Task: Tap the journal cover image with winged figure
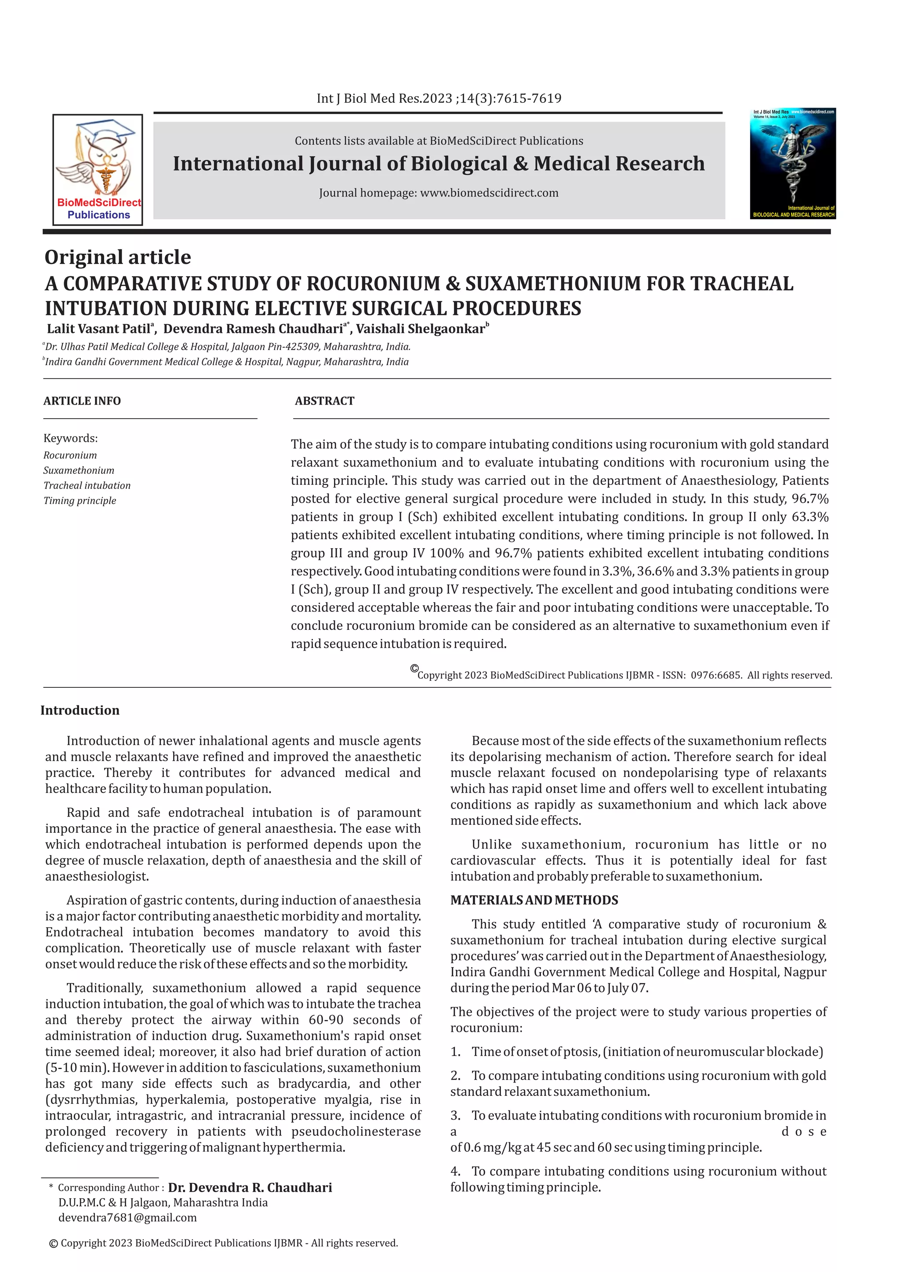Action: (792, 163)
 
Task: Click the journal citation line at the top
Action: (439, 99)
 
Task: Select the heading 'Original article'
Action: (117, 257)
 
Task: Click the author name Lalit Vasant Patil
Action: (98, 329)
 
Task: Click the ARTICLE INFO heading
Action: (82, 401)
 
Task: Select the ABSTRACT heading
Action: (324, 401)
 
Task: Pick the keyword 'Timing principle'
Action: (80, 500)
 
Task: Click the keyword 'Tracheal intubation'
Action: (87, 485)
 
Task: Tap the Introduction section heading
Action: (80, 710)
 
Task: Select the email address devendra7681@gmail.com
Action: (127, 1217)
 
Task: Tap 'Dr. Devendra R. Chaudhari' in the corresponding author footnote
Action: (250, 1187)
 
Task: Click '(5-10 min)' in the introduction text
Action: (77, 1068)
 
